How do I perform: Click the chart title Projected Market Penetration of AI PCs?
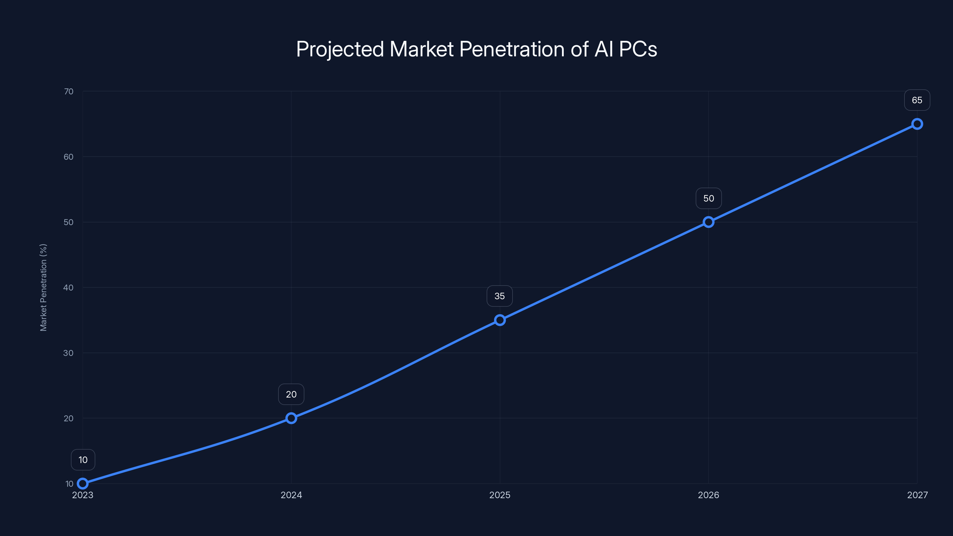click(x=476, y=49)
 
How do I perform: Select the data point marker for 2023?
click(x=83, y=484)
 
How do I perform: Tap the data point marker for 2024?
click(x=291, y=418)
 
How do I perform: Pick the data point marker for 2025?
click(x=500, y=320)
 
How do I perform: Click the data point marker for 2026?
click(x=708, y=222)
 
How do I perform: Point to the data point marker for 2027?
click(x=917, y=124)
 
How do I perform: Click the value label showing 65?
click(x=917, y=100)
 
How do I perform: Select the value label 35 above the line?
click(x=500, y=296)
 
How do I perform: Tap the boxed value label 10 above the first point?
click(x=83, y=460)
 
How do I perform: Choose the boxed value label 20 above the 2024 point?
click(x=291, y=394)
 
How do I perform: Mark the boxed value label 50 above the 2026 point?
click(x=708, y=198)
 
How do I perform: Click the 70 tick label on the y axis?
click(x=68, y=91)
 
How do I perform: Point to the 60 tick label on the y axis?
click(x=68, y=157)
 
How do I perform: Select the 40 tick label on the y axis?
click(x=68, y=287)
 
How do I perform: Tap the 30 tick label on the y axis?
click(x=68, y=353)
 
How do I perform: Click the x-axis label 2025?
click(x=500, y=495)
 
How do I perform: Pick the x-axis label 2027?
click(x=918, y=495)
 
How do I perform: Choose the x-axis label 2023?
click(x=83, y=495)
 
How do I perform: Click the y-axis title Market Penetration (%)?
click(x=43, y=287)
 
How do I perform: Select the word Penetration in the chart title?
click(x=512, y=49)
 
